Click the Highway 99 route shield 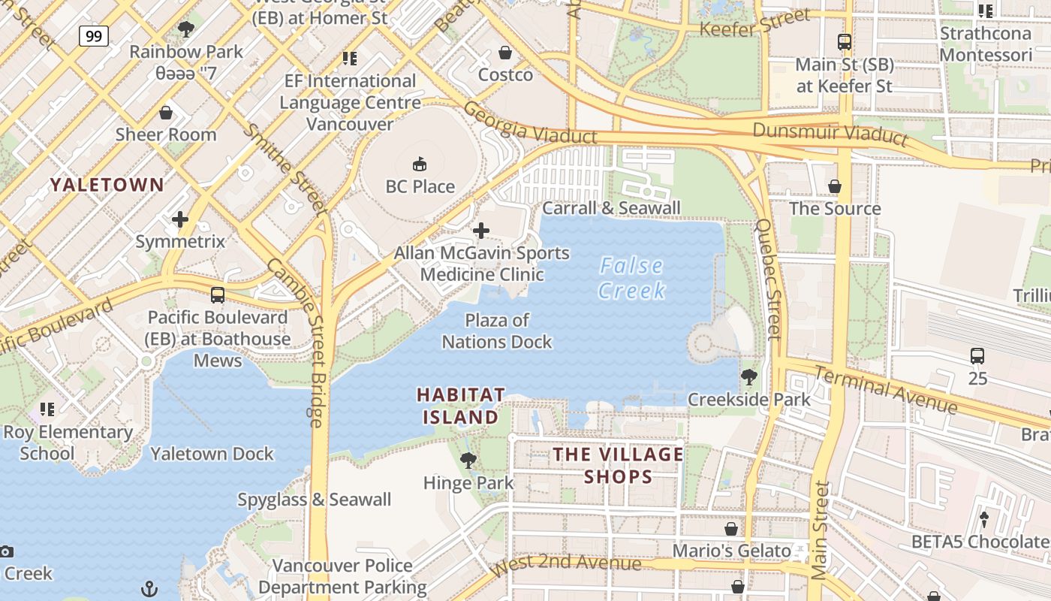[94, 36]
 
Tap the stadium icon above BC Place [420, 164]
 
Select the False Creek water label [632, 278]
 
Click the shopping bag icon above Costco [505, 53]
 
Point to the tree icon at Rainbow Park [185, 29]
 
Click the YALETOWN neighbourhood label [107, 184]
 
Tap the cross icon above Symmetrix [180, 219]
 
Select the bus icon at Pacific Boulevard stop [218, 295]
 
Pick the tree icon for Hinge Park [468, 460]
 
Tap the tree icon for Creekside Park [748, 376]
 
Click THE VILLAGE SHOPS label [619, 465]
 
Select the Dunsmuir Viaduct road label [830, 134]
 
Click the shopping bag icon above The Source [835, 186]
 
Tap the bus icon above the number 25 [977, 356]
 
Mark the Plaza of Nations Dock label [497, 331]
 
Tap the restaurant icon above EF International [349, 58]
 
